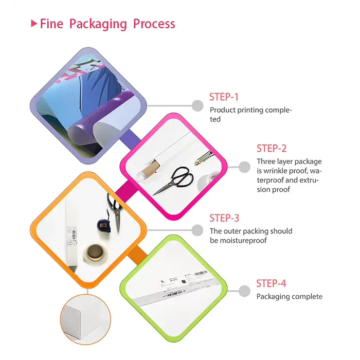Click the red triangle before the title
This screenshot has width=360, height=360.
coord(34,23)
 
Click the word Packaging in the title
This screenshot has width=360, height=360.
coord(98,24)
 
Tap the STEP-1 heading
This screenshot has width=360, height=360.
coord(224,97)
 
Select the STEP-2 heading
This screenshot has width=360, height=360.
coord(272,148)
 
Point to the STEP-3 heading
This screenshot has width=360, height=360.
coord(224,218)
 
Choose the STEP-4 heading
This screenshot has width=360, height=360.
coord(271,283)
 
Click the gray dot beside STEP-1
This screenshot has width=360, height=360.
coord(197,106)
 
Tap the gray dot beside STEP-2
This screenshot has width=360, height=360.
coord(244,167)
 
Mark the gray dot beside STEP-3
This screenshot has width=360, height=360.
coord(197,230)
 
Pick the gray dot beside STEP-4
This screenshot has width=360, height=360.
coord(244,291)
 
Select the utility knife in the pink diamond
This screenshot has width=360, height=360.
coord(204,158)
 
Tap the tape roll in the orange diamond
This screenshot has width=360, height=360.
coord(96,254)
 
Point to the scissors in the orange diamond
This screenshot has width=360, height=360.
coord(116,212)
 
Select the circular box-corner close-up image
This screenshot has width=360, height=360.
coord(85,319)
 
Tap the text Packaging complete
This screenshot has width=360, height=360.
coord(289,296)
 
